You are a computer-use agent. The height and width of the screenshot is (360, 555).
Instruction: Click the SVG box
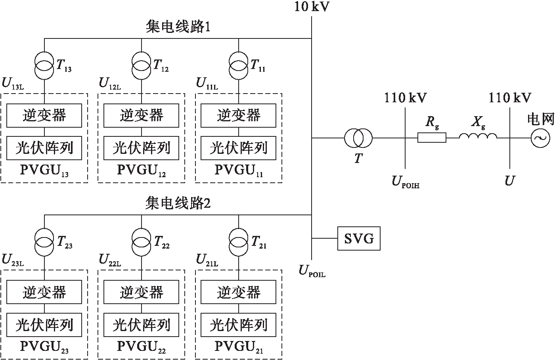click(x=359, y=239)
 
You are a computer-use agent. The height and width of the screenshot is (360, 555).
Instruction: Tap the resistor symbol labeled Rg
click(x=432, y=138)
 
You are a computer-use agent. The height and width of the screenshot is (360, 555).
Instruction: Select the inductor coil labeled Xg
click(x=478, y=137)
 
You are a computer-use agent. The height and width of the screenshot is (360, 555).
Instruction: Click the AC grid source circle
click(x=540, y=138)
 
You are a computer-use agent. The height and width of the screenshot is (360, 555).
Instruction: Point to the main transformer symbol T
click(x=358, y=138)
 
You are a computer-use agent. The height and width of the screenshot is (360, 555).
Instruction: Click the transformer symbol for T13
click(x=44, y=66)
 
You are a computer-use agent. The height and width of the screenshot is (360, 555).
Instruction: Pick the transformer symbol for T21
click(x=239, y=242)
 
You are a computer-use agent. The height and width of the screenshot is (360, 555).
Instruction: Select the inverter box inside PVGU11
click(x=239, y=115)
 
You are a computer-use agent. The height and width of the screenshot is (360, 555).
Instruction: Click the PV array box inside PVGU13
click(x=44, y=148)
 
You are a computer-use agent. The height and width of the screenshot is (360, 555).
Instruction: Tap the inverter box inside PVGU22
click(x=142, y=293)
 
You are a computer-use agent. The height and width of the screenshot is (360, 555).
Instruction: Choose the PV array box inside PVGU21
click(x=239, y=325)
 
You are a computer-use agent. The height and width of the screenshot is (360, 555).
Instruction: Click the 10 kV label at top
click(x=312, y=7)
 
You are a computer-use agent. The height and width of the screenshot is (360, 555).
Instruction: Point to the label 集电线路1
click(x=178, y=27)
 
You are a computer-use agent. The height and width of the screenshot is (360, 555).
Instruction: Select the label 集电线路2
click(x=178, y=203)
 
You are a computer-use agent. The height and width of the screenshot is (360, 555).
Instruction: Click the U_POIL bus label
click(x=312, y=271)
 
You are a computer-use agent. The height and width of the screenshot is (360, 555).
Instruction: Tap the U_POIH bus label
click(x=405, y=182)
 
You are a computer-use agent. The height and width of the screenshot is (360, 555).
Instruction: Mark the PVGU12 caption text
click(x=142, y=170)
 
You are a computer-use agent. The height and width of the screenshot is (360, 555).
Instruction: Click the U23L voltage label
click(x=13, y=260)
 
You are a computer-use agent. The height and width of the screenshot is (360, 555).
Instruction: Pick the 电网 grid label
click(x=540, y=119)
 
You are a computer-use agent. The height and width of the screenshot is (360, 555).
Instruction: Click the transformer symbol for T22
click(x=142, y=242)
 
